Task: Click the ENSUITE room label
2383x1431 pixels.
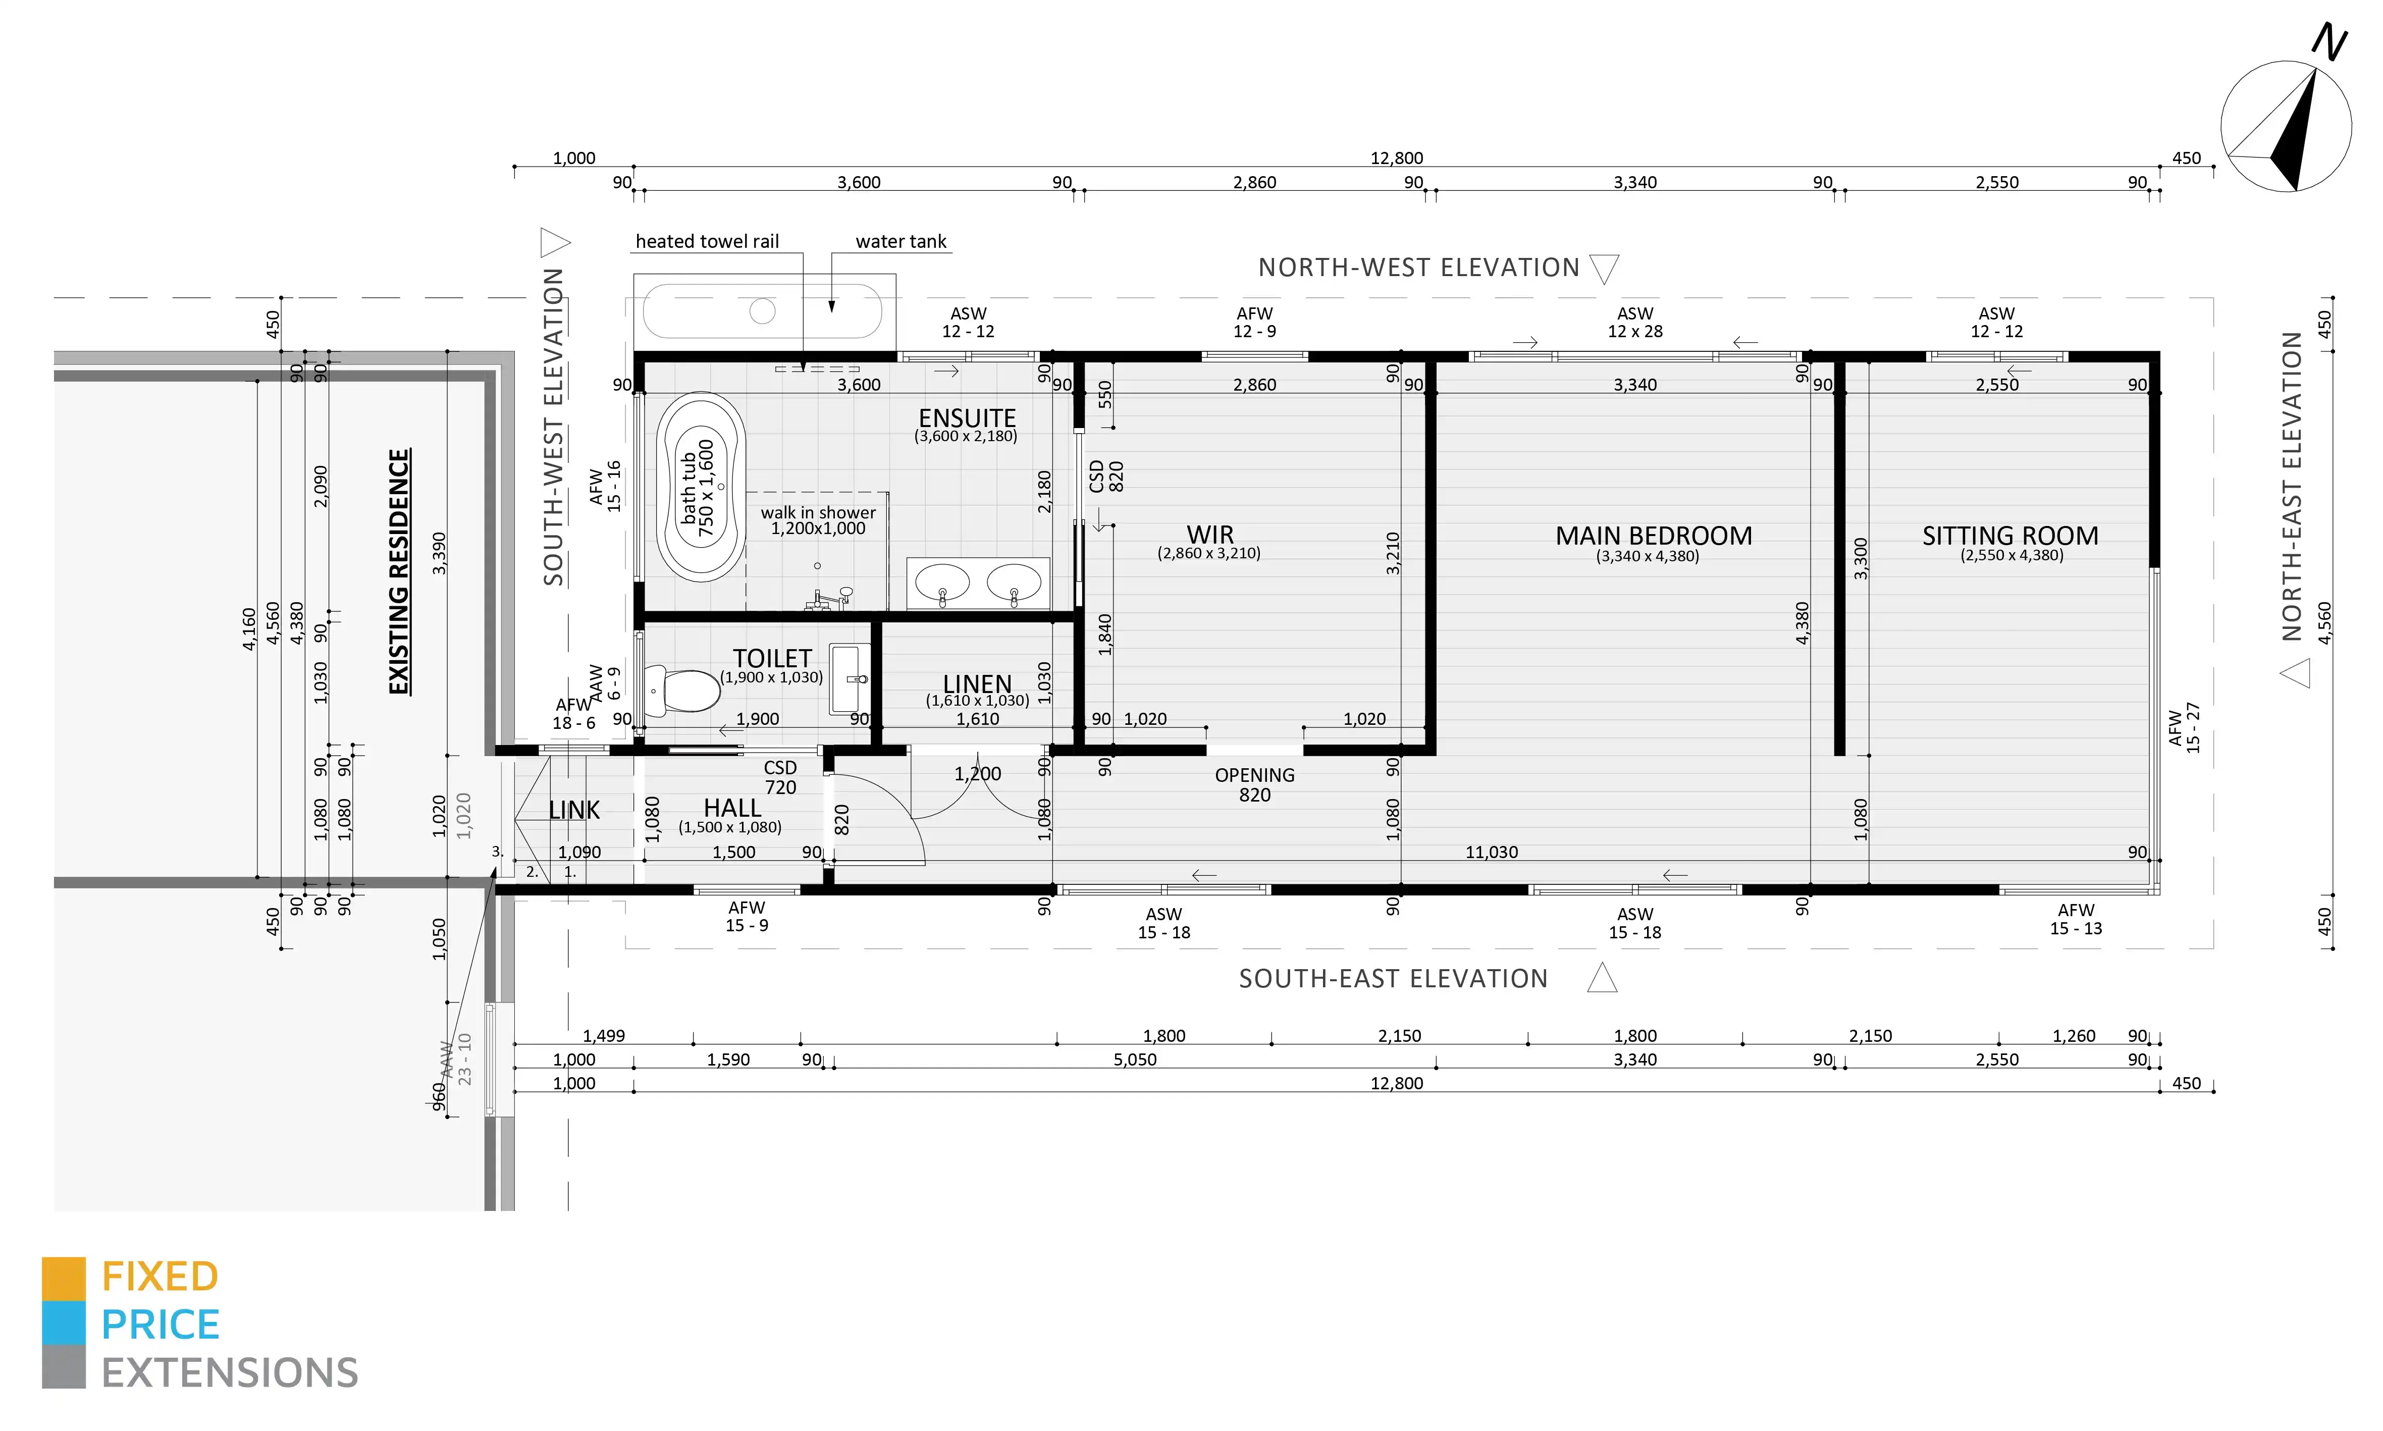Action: (967, 418)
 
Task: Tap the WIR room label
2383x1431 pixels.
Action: (1210, 534)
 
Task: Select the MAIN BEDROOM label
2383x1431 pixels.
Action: (1653, 536)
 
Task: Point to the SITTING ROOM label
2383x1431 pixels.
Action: (2010, 536)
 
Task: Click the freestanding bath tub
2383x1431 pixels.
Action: (701, 487)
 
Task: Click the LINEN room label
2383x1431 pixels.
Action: (977, 683)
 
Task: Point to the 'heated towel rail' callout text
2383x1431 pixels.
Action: (707, 241)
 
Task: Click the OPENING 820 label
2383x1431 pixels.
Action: (1254, 785)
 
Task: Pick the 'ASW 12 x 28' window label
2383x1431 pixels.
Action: (1635, 322)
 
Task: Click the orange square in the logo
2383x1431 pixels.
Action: (64, 1279)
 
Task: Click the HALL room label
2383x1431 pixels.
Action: (732, 808)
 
